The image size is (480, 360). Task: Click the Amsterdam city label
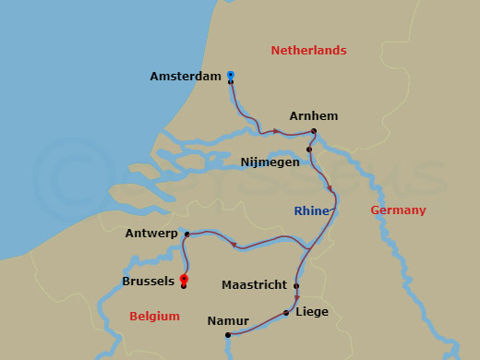(185, 77)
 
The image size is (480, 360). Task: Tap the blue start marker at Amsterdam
(230, 75)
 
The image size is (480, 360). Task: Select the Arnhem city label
(314, 116)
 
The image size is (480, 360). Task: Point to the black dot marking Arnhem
(314, 131)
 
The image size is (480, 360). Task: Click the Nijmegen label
(270, 162)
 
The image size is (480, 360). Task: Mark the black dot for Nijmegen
(309, 149)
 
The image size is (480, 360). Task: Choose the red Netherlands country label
(308, 51)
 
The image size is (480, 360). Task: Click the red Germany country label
(398, 210)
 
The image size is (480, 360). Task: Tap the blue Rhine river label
(312, 211)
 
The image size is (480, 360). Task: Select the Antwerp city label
(151, 234)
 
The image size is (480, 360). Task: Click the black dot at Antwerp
(186, 234)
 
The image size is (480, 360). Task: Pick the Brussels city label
(148, 281)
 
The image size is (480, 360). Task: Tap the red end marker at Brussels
(184, 279)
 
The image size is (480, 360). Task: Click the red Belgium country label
(154, 317)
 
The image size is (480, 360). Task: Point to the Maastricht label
(254, 285)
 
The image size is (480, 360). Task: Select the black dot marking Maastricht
(296, 285)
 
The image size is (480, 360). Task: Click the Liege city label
(312, 312)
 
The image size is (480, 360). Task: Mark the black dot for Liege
(286, 313)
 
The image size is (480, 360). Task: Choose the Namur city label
(228, 320)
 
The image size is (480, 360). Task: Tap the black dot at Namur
(227, 334)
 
